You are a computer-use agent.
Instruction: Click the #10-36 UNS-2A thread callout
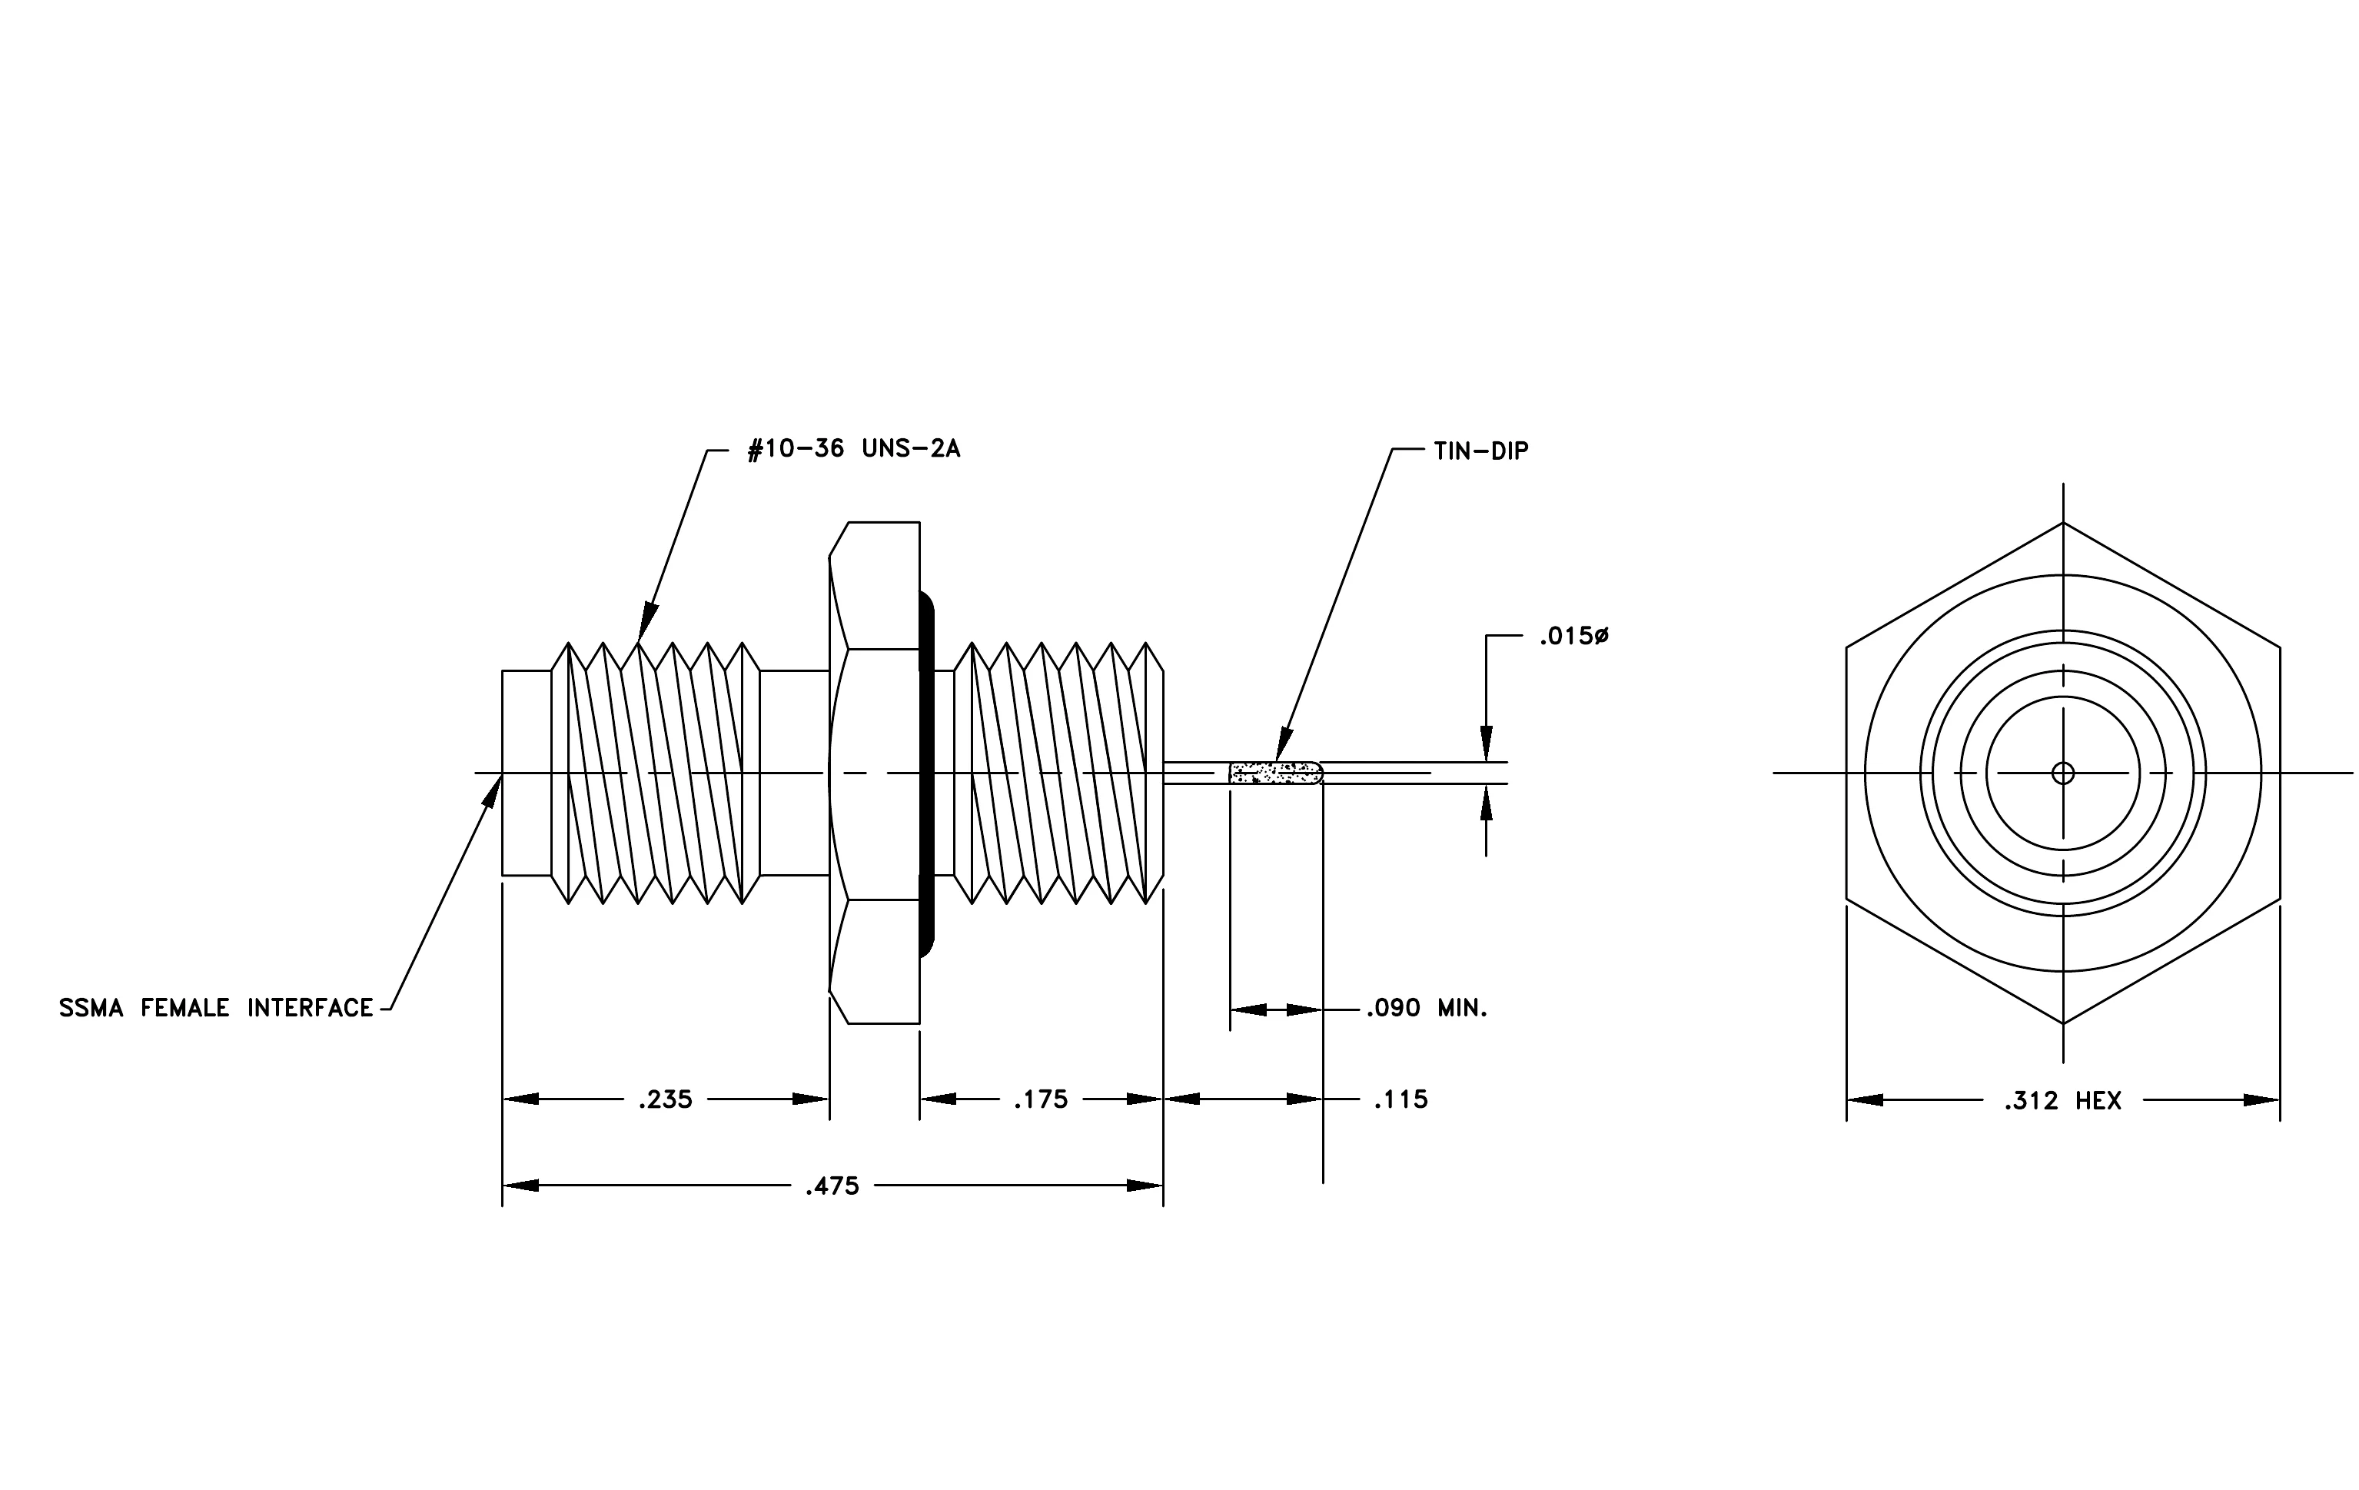click(x=853, y=450)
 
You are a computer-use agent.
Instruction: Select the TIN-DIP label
click(x=1480, y=451)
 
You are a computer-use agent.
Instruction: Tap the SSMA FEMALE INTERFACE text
click(x=217, y=1008)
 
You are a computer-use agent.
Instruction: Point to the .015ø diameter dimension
click(x=1574, y=637)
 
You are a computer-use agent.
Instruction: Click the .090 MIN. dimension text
click(x=1427, y=1008)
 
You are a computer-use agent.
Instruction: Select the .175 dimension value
click(x=1041, y=1099)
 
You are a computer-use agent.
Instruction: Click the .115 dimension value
click(x=1401, y=1099)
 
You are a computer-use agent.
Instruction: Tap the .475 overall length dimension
click(x=832, y=1186)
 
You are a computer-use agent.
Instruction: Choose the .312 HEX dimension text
click(x=2063, y=1101)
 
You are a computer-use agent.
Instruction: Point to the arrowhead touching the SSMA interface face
click(x=493, y=789)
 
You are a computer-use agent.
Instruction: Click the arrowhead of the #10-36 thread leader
click(x=646, y=621)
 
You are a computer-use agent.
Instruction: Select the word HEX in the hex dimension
click(x=2098, y=1101)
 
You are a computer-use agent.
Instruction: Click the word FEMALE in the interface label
click(x=185, y=1008)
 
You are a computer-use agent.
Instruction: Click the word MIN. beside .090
click(x=1463, y=1008)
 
